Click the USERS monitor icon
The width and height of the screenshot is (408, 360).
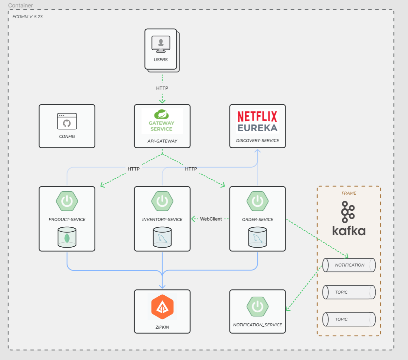coord(161,44)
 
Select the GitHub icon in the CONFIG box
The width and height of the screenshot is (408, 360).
coord(67,123)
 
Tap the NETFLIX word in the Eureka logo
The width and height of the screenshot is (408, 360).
coord(257,117)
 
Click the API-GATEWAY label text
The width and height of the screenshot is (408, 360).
coord(162,141)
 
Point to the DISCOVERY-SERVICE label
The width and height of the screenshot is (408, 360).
coord(257,140)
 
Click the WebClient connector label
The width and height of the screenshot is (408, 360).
coord(211,219)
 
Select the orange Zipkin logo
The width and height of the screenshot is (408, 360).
coord(162,307)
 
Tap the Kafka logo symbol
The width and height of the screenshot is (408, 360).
coord(348,212)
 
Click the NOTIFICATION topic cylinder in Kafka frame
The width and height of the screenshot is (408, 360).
coord(349,265)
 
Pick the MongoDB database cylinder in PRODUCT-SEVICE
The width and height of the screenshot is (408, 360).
coord(67,237)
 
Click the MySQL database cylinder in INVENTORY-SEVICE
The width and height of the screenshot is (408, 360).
coord(162,237)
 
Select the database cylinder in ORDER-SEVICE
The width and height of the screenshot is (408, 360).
coord(257,237)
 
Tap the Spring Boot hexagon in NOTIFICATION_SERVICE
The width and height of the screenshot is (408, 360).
coord(257,306)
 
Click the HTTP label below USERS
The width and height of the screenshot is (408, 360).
coord(162,88)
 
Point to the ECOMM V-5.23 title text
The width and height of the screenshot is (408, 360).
coord(27,17)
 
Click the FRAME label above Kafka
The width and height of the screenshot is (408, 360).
coord(349,193)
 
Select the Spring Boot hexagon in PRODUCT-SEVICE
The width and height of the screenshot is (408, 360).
coord(67,201)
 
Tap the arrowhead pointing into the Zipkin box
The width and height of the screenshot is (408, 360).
coord(162,286)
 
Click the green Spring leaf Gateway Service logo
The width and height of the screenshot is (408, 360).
coord(161,114)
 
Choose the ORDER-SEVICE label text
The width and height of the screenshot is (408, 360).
coord(257,220)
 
